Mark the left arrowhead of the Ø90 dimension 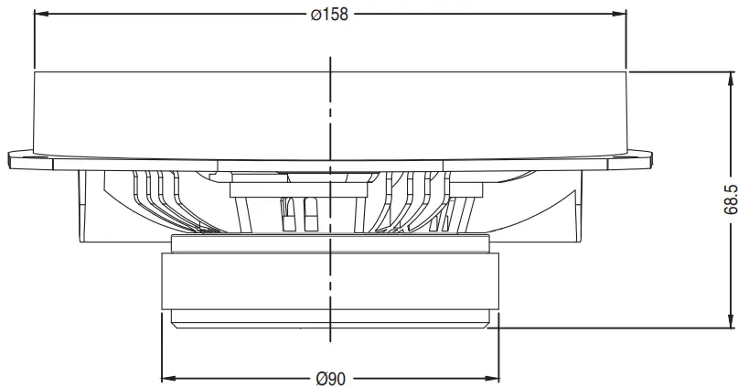168,378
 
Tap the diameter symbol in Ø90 319,378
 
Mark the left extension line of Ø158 33,41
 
